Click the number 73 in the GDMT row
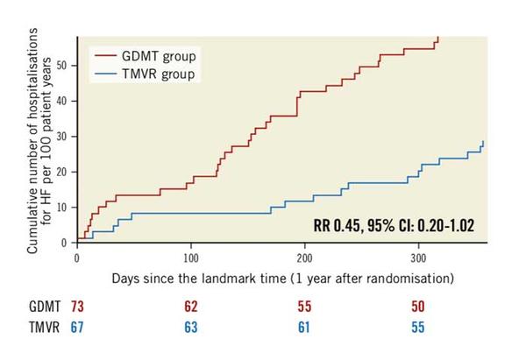77,308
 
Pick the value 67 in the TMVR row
77,328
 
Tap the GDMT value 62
191,308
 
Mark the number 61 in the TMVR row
304,328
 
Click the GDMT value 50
417,308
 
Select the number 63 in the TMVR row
191,328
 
